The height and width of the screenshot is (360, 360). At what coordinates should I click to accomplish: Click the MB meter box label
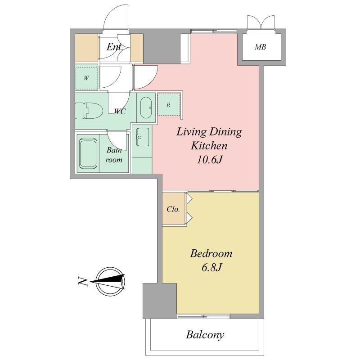point(261,47)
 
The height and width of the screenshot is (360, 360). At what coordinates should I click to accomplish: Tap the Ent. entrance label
point(114,47)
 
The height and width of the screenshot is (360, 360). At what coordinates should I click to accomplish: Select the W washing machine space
point(86,78)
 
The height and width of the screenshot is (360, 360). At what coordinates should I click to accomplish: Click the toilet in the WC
point(89,111)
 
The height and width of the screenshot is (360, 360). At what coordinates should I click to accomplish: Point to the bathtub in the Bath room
point(88,153)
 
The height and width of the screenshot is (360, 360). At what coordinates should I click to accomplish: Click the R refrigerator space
point(169,104)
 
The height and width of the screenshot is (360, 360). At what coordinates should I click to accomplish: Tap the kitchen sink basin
point(143,137)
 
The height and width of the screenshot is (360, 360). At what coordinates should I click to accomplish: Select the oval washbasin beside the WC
point(146,108)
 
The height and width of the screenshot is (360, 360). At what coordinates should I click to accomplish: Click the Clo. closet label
point(173,209)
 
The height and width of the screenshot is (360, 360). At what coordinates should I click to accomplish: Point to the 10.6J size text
point(209,160)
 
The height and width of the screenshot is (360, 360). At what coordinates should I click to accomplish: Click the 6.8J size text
point(211,267)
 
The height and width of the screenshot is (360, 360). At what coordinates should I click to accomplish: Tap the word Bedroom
point(211,254)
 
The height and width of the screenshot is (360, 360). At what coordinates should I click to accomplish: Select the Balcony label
point(205,335)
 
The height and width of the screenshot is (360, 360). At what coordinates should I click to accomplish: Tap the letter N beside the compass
point(83,282)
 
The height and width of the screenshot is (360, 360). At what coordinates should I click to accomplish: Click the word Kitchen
point(209,145)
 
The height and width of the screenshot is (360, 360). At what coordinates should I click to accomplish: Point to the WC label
point(120,112)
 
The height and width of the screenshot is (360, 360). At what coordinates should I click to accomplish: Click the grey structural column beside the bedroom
point(160,301)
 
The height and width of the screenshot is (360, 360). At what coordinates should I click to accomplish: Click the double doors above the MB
point(261,22)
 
